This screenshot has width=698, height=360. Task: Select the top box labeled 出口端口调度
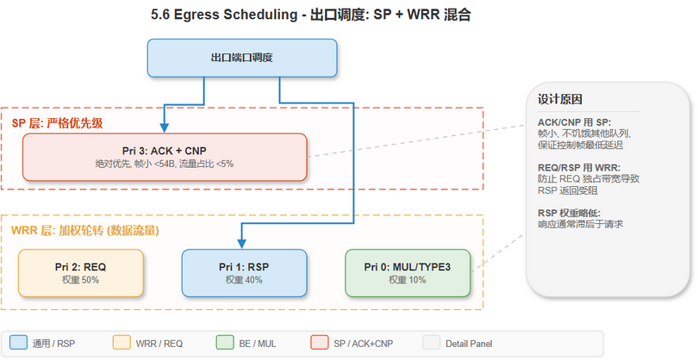coord(242,58)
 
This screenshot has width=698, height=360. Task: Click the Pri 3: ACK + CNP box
coord(165,157)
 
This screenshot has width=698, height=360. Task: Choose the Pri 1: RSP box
coord(244,273)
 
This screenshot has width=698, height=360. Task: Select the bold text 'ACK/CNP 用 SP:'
coord(574,122)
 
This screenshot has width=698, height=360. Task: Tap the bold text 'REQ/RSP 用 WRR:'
coord(578,167)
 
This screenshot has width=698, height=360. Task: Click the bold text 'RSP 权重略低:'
coord(571,212)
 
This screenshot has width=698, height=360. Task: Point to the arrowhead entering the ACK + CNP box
coord(165,128)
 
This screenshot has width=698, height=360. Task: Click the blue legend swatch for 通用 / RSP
coord(18,344)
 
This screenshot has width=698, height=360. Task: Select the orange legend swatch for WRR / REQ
coord(121,344)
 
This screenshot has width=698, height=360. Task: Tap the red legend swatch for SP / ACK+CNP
coord(320,344)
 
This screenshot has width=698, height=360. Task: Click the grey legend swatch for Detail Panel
coord(432,344)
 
